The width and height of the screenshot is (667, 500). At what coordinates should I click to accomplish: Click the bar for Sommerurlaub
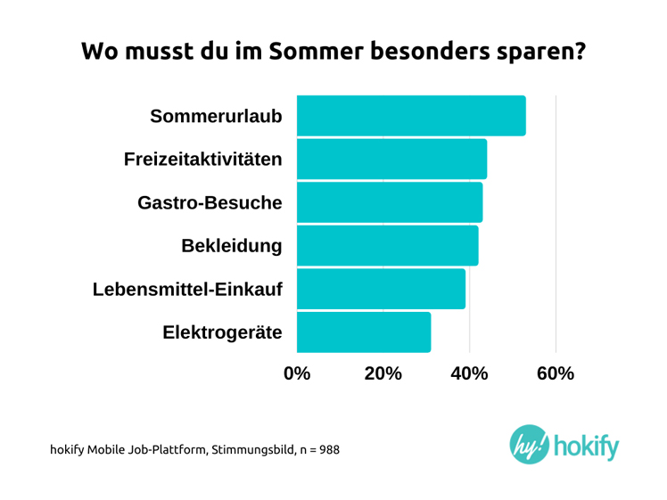pos(410,116)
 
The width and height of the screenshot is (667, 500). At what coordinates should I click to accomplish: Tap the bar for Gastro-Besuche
pos(389,202)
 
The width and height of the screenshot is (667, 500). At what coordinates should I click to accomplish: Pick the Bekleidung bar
pos(386,246)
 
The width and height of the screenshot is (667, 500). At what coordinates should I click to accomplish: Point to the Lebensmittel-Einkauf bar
pos(380,289)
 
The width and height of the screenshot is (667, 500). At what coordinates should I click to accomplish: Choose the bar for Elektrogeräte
pos(363,332)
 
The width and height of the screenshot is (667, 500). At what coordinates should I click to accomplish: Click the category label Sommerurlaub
pos(217,117)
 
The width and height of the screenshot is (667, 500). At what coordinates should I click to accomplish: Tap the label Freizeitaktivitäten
pos(203,160)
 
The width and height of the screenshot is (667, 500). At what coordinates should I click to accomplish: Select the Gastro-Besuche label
pos(210,203)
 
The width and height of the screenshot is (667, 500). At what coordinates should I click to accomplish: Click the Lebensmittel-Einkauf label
pos(188,289)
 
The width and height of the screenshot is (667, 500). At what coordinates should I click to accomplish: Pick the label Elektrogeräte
pos(223,332)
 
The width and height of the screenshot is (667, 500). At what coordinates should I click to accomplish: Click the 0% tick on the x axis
pos(297,374)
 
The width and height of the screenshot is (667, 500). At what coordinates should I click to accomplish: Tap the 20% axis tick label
pos(383,374)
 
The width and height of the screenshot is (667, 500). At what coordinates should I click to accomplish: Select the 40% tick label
pos(469,374)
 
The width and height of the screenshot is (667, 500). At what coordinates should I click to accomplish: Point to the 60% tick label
pos(556,374)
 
